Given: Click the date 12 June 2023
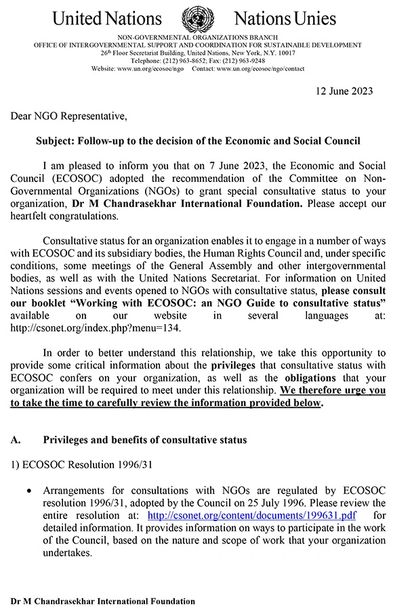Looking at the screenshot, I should pyautogui.click(x=345, y=91).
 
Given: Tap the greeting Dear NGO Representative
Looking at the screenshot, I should pyautogui.click(x=68, y=116).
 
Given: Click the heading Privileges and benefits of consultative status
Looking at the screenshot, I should pyautogui.click(x=145, y=440).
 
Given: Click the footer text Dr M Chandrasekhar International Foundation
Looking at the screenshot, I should pyautogui.click(x=103, y=601).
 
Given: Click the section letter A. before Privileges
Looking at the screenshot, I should pyautogui.click(x=16, y=440).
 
